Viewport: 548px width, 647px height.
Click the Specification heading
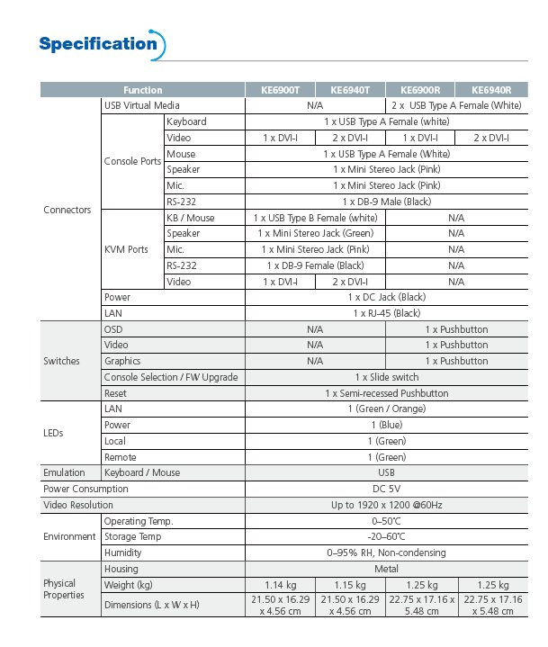pyautogui.click(x=98, y=43)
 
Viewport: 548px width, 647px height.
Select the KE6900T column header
pyautogui.click(x=280, y=90)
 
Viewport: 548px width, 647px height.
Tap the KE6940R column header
pyautogui.click(x=490, y=90)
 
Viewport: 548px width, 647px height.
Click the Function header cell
pyautogui.click(x=143, y=90)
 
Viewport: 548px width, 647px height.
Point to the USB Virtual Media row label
pyautogui.click(x=141, y=106)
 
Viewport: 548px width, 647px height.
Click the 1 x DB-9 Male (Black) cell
pyautogui.click(x=386, y=202)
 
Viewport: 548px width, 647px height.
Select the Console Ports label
pyautogui.click(x=132, y=162)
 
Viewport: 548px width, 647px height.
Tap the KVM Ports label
pyautogui.click(x=126, y=249)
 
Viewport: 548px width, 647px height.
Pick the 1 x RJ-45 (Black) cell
pyautogui.click(x=386, y=313)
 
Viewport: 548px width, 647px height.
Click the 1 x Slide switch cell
pyautogui.click(x=386, y=377)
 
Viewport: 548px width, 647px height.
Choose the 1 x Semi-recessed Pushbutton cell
pyautogui.click(x=386, y=393)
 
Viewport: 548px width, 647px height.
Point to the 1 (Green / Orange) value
pyautogui.click(x=386, y=409)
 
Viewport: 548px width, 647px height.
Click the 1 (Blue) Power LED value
pyautogui.click(x=386, y=425)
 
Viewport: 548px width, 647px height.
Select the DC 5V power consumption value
pyautogui.click(x=386, y=489)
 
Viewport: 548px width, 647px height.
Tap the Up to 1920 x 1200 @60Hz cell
pyautogui.click(x=386, y=505)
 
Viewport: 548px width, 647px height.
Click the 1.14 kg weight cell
pyautogui.click(x=281, y=585)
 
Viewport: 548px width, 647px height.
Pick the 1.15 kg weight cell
pyautogui.click(x=350, y=585)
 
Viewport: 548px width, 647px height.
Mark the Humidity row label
pyautogui.click(x=123, y=553)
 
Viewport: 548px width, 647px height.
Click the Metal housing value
pyautogui.click(x=386, y=569)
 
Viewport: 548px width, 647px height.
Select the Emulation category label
pyautogui.click(x=64, y=472)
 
